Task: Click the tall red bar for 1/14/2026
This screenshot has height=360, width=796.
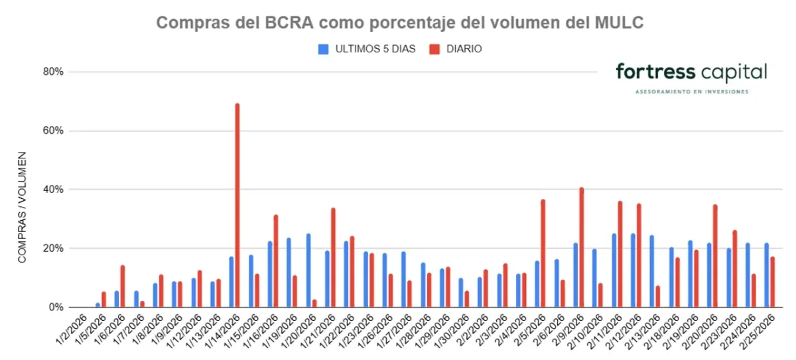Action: [237, 206]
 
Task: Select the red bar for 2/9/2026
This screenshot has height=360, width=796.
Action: [582, 247]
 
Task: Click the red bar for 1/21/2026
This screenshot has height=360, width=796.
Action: [333, 258]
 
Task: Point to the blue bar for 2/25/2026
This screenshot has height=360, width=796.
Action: [767, 275]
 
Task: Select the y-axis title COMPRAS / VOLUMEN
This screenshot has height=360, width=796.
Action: [22, 207]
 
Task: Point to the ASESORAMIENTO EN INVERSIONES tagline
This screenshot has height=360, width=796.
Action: [691, 91]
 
